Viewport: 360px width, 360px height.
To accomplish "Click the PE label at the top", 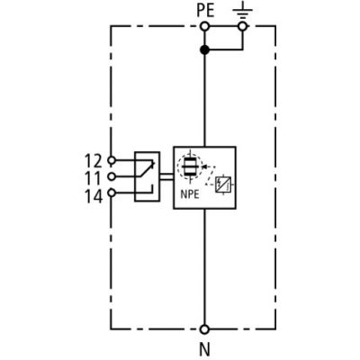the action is point(205,11).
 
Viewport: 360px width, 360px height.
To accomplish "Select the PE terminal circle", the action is point(205,27).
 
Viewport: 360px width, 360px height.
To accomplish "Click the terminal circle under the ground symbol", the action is point(242,27).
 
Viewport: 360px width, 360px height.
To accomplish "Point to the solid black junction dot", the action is point(204,49).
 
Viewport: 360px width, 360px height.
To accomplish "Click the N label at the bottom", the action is point(204,349).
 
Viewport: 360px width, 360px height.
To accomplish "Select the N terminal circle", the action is point(204,329).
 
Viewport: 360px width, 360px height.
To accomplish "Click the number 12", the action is point(94,161).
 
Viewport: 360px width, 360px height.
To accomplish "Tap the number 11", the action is point(94,178).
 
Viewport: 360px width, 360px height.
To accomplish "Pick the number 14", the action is point(94,196).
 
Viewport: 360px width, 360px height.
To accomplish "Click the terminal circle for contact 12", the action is point(112,161).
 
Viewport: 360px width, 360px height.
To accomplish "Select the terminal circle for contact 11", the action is point(112,176).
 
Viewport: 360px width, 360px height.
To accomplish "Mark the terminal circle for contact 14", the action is point(112,193).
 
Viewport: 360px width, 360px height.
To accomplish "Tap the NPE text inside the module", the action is point(190,194).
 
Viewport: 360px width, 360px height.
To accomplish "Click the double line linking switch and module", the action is point(166,176).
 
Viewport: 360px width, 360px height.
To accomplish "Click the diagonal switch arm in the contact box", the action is point(146,169).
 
